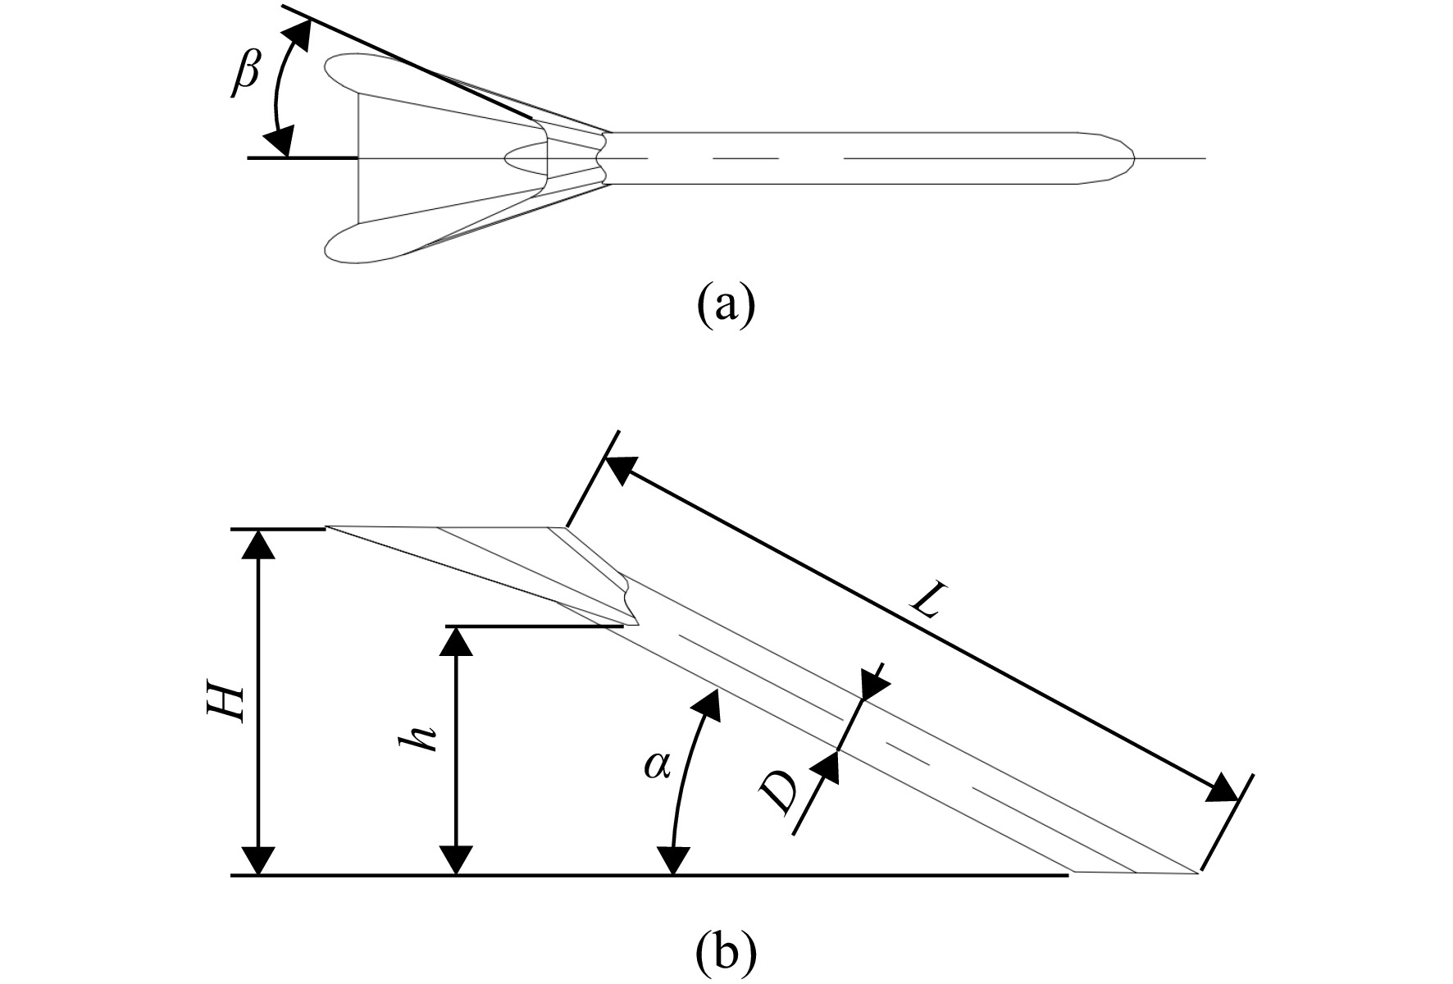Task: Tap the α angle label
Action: tap(657, 767)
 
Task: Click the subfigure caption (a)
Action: tap(725, 305)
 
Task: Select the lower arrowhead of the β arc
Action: tap(280, 140)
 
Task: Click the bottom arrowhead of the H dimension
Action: tap(259, 860)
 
